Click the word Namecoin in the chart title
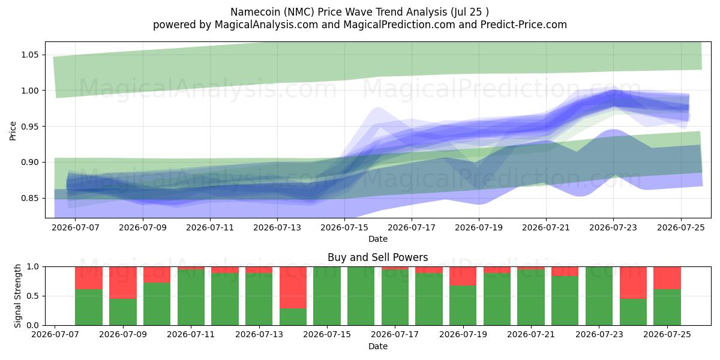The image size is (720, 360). pos(256,12)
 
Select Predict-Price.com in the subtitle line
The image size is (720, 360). pos(524,25)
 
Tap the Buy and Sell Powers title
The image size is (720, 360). pos(377,257)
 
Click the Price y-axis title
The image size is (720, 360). pos(13,131)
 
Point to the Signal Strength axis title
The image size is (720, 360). pos(17,296)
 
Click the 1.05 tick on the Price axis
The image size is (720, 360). pos(29,55)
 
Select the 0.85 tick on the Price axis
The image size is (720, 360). pos(29,198)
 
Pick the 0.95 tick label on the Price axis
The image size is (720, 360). pos(29,127)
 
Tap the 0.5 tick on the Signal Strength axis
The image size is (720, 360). pos(32,296)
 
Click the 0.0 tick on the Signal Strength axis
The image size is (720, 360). pos(32,325)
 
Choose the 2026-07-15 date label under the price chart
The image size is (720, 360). pos(344,227)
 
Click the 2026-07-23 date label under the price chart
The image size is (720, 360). pos(613,227)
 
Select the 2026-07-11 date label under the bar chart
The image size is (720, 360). pos(191,334)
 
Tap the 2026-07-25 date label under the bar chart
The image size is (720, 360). pos(667,334)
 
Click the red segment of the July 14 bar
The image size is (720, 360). pos(293,287)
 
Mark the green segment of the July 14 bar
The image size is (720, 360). pos(293,317)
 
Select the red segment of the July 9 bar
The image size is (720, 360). pos(123,283)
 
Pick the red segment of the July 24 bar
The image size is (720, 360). pos(633,283)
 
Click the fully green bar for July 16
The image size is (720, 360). pos(361,296)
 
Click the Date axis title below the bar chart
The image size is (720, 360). pos(377,346)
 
